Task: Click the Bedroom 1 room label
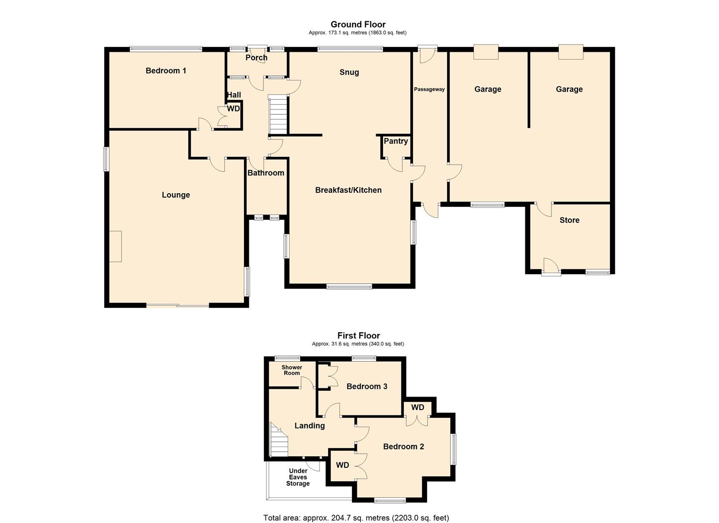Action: coord(166,71)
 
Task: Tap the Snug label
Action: coord(349,72)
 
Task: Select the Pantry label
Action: coord(396,141)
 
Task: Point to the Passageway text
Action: coord(429,89)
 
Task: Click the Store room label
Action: coord(569,220)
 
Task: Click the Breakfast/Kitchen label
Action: coord(348,190)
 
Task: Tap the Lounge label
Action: coord(176,195)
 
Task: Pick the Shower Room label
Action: coord(291,370)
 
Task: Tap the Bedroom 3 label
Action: coord(367,386)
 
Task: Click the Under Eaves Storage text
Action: coord(298,477)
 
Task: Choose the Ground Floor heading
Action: coord(358,24)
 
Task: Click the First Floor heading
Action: coord(358,336)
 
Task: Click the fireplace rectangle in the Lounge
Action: coord(115,246)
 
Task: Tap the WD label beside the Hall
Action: coord(233,109)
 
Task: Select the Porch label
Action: coord(256,58)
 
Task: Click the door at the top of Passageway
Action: coord(427,55)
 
